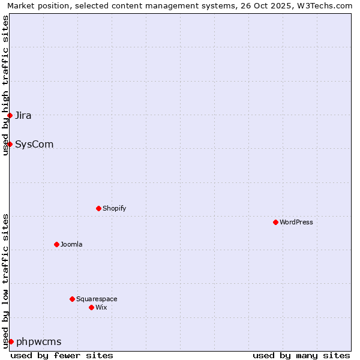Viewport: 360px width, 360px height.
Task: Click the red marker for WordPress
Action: (x=275, y=222)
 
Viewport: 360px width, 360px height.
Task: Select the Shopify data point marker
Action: (x=98, y=208)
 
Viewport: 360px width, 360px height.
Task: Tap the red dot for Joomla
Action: (x=56, y=244)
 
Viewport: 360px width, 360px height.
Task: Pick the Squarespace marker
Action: (x=72, y=299)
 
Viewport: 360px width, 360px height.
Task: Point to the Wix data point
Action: (x=91, y=307)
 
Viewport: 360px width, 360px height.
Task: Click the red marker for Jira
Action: (x=10, y=115)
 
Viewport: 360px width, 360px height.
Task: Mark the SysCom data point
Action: (x=10, y=144)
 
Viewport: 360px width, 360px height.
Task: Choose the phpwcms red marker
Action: (x=11, y=341)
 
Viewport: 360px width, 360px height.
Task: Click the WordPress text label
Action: (x=296, y=222)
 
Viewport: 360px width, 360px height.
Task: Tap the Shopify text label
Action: (x=114, y=208)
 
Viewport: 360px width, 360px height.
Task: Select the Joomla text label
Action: (x=71, y=244)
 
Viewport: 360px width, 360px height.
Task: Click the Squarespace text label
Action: (x=97, y=299)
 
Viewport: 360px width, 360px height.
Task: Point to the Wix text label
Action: (x=101, y=307)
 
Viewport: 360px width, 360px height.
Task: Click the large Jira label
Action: (x=23, y=115)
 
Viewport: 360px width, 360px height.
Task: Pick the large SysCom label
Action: (x=34, y=144)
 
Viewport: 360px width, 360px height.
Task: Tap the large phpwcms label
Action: (x=39, y=341)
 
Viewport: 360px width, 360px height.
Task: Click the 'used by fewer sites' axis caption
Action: (x=62, y=355)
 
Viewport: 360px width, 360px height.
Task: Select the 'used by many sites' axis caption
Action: (x=301, y=355)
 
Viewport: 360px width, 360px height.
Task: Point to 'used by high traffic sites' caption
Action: (x=5, y=85)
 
